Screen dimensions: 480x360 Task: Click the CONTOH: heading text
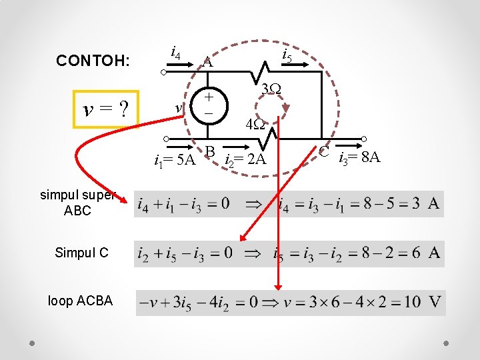[x=93, y=61]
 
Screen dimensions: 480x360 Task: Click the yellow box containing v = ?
[x=105, y=108]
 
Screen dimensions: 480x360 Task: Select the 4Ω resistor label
[x=255, y=124]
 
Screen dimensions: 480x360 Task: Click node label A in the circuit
[x=208, y=63]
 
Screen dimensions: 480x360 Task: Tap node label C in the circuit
[x=324, y=152]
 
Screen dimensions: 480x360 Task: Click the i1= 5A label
[x=174, y=160]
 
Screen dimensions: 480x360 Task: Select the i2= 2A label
[x=245, y=160]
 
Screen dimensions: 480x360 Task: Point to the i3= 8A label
[x=359, y=158]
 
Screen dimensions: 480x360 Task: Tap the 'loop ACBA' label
[x=80, y=301]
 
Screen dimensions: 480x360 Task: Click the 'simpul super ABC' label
[x=78, y=203]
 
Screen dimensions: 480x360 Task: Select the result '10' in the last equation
[x=411, y=302]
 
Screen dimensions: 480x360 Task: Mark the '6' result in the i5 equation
[x=415, y=253]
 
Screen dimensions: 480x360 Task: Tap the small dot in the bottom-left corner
[x=33, y=343]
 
